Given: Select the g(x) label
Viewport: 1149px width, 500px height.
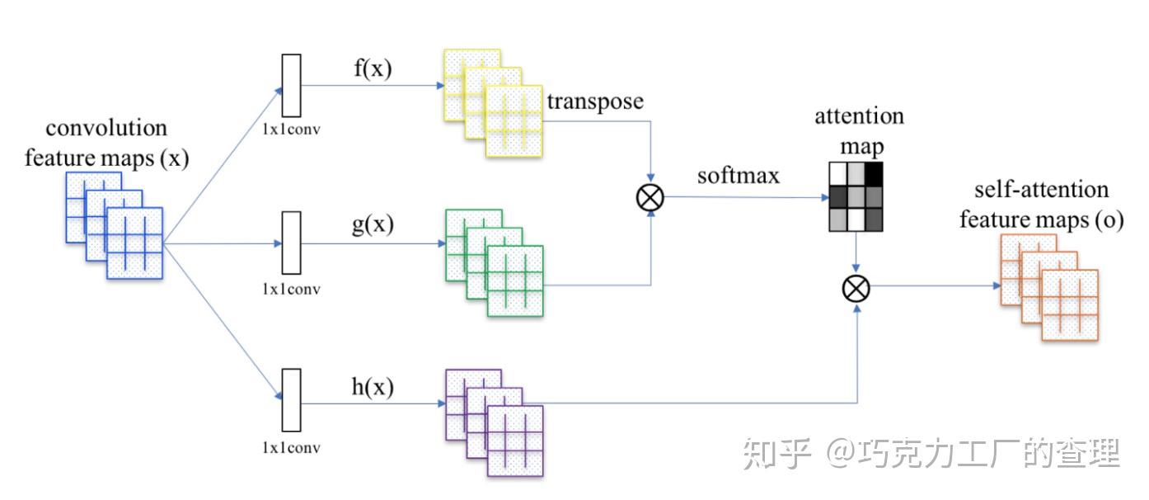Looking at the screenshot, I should click(x=373, y=224).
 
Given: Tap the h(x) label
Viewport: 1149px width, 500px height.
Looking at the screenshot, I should click(x=373, y=386).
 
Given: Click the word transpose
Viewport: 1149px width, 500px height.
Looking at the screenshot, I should click(x=594, y=102).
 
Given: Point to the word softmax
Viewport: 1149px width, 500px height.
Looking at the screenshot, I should click(x=739, y=176).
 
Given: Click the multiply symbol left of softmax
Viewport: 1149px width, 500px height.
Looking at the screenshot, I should click(x=651, y=197).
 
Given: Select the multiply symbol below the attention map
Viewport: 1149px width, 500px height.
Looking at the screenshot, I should click(x=856, y=288).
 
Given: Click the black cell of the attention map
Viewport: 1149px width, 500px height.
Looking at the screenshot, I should click(x=874, y=173).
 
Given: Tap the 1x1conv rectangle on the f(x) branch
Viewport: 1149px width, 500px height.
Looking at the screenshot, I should click(x=292, y=86).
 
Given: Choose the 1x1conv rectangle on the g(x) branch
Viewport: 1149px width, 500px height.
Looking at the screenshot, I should click(x=292, y=243).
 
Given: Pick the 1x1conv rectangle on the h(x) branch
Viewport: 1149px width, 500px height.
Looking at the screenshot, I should click(x=292, y=400).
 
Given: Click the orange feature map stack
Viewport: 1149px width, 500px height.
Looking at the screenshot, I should click(x=1049, y=286).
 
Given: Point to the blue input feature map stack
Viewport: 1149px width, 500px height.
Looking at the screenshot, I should click(x=115, y=225).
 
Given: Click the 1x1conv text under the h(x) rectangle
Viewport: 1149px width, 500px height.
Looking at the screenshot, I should click(x=291, y=448).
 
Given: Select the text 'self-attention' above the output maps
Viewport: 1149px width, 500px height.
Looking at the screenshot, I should click(x=1041, y=191).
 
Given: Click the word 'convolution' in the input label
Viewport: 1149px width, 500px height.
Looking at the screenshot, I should click(x=106, y=129).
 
